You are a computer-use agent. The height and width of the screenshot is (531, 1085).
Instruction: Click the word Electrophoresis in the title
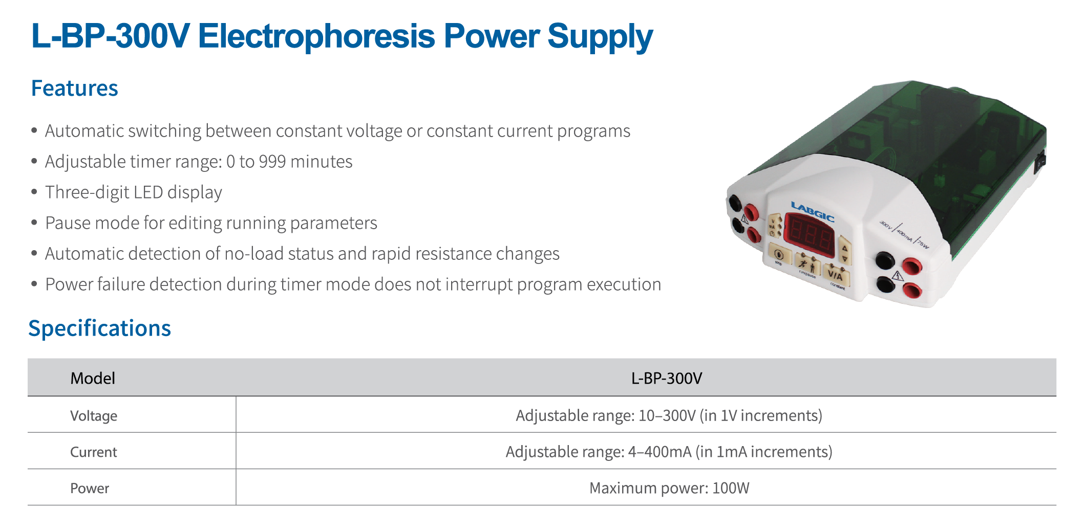coord(316,36)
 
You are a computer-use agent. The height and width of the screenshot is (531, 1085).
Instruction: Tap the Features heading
coord(75,88)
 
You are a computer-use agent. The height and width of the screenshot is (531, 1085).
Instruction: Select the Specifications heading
coord(99,328)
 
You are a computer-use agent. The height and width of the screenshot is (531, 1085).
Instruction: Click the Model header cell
coord(93,378)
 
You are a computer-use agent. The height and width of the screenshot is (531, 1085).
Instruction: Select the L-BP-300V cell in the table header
coord(667,378)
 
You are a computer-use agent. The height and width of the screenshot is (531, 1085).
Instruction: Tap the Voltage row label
coord(94,416)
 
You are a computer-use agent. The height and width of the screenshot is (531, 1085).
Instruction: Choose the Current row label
coord(94,452)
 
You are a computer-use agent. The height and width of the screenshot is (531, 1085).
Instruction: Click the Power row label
coord(90,489)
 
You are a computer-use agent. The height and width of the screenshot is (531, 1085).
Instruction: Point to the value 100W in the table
coord(731,488)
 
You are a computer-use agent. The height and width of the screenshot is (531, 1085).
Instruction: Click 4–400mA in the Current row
coord(660,452)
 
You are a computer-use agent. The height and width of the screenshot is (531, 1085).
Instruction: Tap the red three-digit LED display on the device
coord(810,236)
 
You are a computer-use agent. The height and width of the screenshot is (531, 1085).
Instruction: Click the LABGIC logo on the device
coord(813,211)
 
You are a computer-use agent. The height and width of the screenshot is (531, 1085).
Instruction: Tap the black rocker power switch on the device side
coord(1040,162)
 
